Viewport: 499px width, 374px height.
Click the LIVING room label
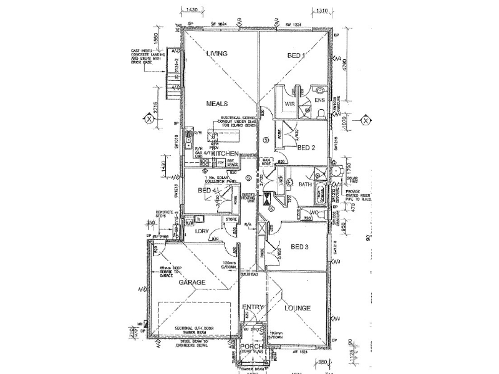tap(216, 54)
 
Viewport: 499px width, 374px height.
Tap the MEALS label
tap(217, 103)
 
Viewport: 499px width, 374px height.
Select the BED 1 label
tap(296, 55)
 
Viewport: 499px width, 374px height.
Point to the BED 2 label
tap(306, 148)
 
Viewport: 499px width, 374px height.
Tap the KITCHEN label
tap(225, 153)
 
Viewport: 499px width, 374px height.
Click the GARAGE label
tap(192, 282)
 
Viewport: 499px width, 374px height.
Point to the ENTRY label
tap(254, 307)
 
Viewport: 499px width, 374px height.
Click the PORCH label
tap(253, 348)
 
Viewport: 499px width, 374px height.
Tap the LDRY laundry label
tap(201, 232)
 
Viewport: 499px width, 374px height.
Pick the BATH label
tap(305, 185)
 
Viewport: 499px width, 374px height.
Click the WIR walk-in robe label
tap(289, 104)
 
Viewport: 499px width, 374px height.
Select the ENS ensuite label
tap(319, 100)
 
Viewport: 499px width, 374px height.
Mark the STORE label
tap(232, 219)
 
